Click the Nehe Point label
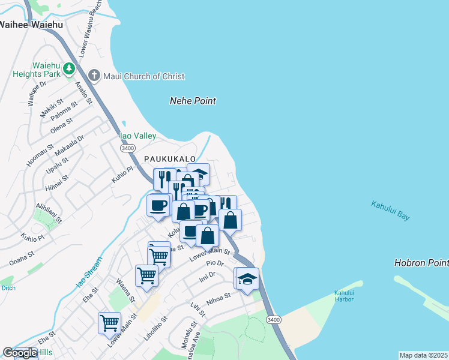click(193, 101)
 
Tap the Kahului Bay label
click(390, 211)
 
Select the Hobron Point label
click(421, 263)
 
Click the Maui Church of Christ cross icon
click(94, 76)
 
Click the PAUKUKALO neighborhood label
click(170, 158)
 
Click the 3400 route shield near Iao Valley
click(127, 148)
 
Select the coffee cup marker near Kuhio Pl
click(158, 205)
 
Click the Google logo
click(20, 353)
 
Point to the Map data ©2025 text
click(424, 355)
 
